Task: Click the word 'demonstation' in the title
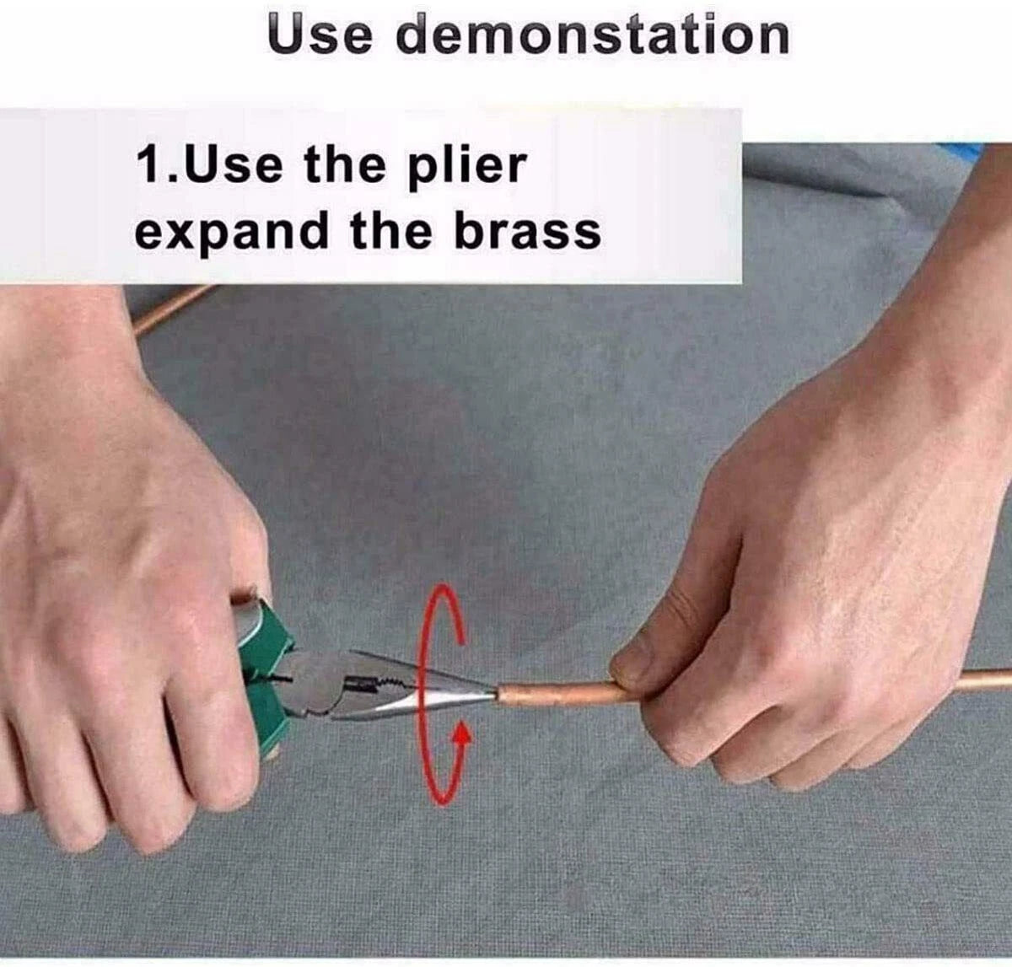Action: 593,35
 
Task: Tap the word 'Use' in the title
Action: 320,35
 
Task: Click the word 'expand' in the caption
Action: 231,233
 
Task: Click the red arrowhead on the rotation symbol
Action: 462,733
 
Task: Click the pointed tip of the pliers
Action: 493,692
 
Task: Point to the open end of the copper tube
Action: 499,694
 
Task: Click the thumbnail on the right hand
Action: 632,667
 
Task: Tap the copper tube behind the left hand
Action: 171,309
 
